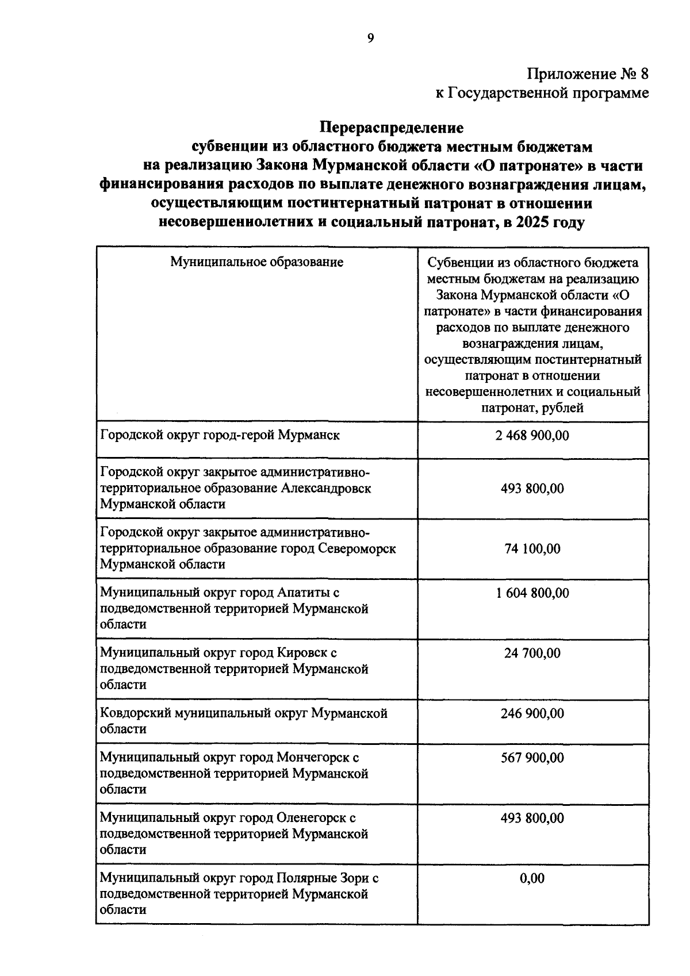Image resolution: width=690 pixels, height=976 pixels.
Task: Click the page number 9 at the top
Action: (x=370, y=39)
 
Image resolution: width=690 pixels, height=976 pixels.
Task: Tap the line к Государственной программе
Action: (x=542, y=93)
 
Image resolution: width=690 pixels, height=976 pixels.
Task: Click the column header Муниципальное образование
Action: (x=256, y=262)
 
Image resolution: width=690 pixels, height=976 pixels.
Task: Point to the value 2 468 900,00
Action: (x=532, y=435)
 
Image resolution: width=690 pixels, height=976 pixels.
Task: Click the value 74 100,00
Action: (x=532, y=548)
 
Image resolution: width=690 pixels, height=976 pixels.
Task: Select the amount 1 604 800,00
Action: (x=532, y=593)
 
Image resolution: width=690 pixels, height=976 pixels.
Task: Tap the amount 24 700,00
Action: (x=532, y=654)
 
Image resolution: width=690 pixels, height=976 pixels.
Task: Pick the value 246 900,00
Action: (x=532, y=713)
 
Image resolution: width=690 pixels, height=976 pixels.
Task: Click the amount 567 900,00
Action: (x=532, y=758)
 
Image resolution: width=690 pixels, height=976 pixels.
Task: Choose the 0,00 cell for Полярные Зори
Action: (x=532, y=878)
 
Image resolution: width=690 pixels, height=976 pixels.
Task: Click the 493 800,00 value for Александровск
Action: (x=532, y=489)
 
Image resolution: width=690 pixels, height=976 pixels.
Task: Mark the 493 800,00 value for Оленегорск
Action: (x=532, y=818)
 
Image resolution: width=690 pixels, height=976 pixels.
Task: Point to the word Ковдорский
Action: (x=136, y=713)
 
